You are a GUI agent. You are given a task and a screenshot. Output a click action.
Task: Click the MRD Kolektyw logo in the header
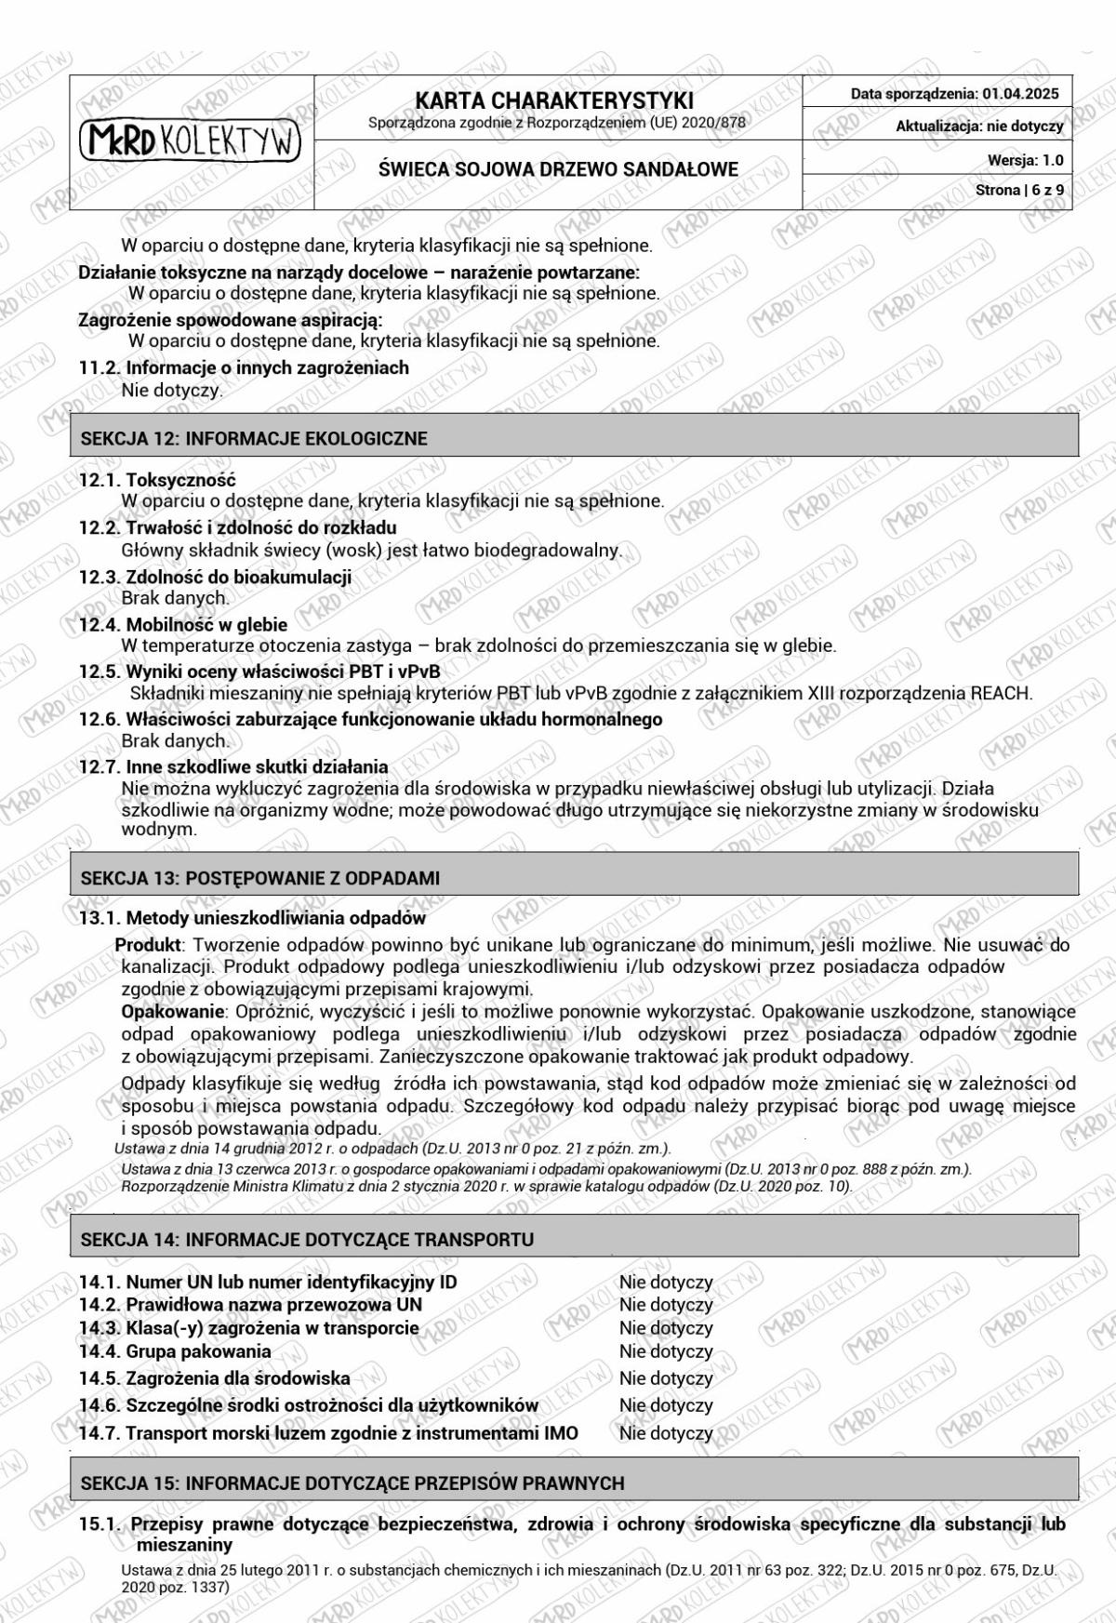click(191, 141)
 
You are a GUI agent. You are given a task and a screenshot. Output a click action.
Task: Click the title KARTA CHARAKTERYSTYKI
click(554, 101)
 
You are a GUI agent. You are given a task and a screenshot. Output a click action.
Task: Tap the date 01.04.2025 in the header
click(1020, 93)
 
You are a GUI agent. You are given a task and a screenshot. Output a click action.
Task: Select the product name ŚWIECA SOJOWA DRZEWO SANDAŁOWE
click(558, 169)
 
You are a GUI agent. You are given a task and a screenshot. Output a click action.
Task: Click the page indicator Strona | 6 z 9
click(1019, 191)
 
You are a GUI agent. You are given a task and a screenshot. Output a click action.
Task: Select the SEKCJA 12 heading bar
click(574, 438)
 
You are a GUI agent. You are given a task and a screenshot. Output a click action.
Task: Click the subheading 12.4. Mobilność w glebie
click(183, 625)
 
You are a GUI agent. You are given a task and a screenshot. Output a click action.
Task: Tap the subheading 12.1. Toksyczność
click(157, 480)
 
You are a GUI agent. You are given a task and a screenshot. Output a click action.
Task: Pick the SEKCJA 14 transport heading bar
click(574, 1239)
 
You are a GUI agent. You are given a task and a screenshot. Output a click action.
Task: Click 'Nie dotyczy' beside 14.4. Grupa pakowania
click(666, 1351)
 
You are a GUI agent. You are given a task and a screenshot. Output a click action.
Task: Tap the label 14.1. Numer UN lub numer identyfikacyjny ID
click(268, 1282)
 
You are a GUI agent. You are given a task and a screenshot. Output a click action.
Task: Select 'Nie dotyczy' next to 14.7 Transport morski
click(666, 1433)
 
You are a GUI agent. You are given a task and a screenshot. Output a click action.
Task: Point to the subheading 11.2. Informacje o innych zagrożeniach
click(244, 367)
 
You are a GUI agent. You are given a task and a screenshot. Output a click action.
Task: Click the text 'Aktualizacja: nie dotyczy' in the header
click(979, 126)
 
